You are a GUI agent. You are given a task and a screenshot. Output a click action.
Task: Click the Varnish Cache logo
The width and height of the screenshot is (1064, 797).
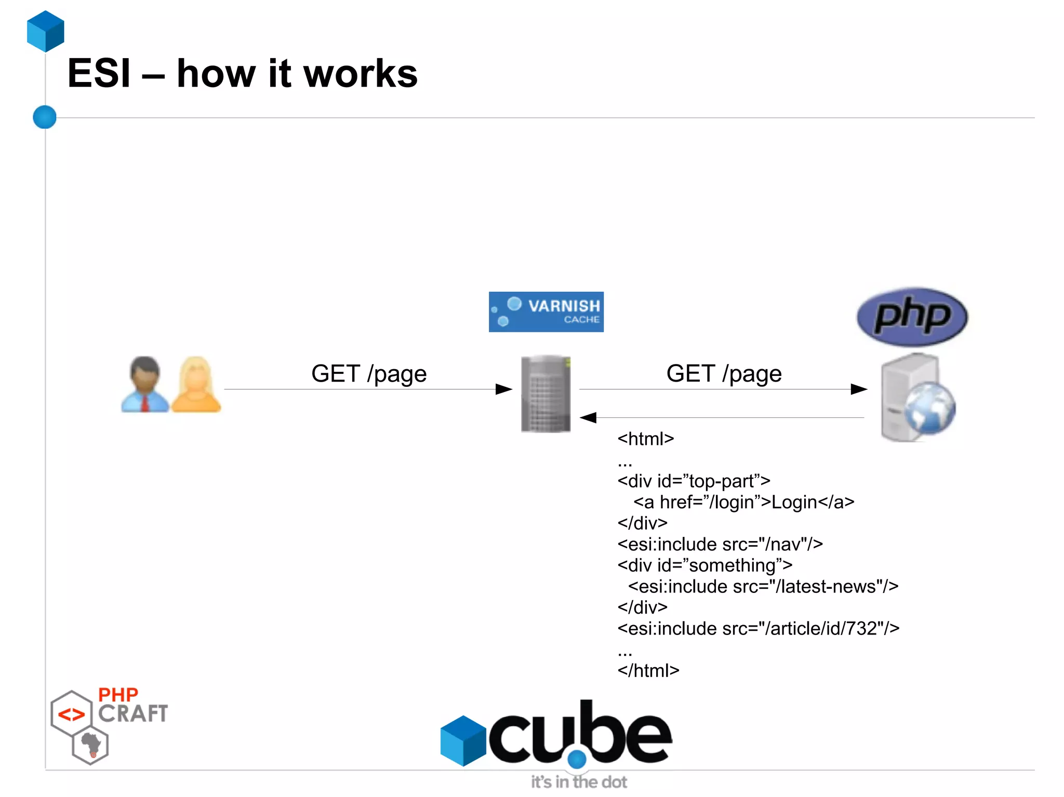(x=546, y=312)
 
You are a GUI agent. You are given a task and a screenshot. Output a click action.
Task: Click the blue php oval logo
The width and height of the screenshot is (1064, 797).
(x=912, y=316)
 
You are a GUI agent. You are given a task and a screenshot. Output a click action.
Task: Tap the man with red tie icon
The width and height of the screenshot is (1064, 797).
(x=145, y=385)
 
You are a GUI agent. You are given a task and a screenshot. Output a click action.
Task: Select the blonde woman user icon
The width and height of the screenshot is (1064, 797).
(x=196, y=385)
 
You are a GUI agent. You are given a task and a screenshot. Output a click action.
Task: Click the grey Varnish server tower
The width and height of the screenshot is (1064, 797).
(x=546, y=394)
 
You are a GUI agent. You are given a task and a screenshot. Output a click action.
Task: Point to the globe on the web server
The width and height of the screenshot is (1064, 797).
(x=929, y=408)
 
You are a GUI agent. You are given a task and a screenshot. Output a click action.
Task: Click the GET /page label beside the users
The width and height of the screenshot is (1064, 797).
(x=369, y=374)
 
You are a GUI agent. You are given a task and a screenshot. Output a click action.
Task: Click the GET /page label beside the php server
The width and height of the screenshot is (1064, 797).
(x=724, y=374)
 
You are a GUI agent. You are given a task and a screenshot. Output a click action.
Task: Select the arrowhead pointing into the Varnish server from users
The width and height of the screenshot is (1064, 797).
(x=503, y=389)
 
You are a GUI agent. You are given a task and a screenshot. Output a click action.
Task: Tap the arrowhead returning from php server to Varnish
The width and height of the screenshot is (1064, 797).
(x=589, y=417)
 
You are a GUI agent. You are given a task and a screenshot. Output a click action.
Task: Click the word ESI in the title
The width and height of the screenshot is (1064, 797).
(x=99, y=74)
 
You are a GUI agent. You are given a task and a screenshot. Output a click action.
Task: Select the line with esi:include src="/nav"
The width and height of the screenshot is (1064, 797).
(x=720, y=544)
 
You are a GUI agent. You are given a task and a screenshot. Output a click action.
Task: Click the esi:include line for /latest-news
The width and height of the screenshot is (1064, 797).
(x=763, y=586)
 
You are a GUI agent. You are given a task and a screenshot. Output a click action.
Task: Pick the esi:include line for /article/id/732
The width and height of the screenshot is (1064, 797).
(x=758, y=628)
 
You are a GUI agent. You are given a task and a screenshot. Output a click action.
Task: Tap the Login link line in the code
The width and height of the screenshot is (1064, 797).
(x=743, y=502)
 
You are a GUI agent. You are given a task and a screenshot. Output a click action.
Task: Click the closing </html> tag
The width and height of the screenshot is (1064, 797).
(x=648, y=670)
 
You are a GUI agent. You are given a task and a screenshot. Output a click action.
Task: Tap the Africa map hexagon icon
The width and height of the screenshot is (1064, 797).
(x=90, y=746)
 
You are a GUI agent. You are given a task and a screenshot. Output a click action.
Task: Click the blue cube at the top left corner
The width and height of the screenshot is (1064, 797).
(x=46, y=31)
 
